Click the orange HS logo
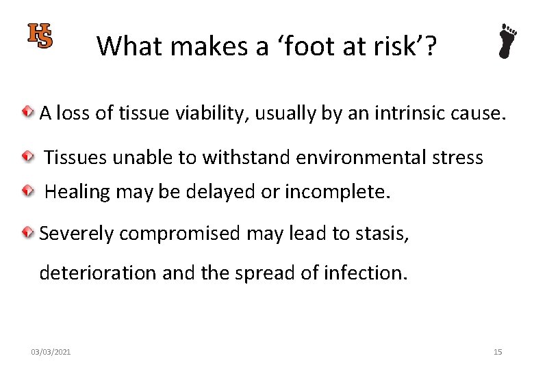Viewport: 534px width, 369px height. click(x=40, y=36)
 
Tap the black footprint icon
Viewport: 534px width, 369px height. click(x=508, y=41)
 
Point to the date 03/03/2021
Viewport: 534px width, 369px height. click(x=51, y=352)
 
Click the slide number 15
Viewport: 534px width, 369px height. click(x=498, y=352)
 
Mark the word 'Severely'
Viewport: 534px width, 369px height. click(x=76, y=234)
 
